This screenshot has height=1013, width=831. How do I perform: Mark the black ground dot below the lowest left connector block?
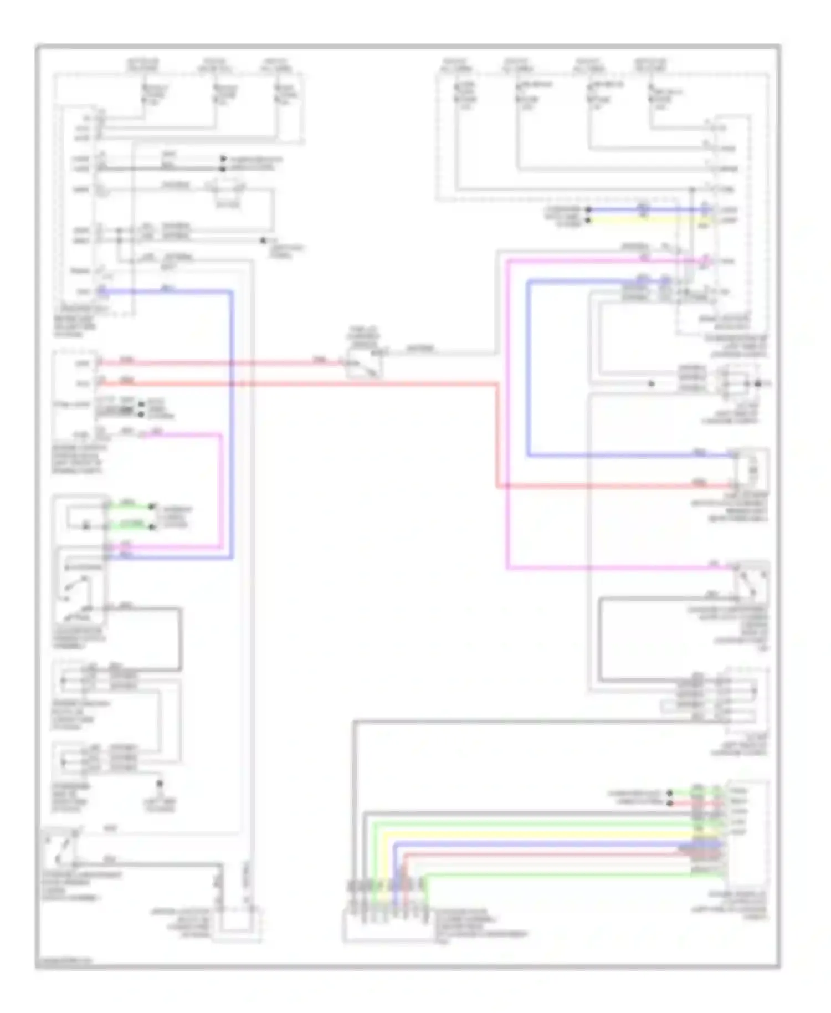pyautogui.click(x=160, y=784)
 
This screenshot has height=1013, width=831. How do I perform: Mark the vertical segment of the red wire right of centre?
pyautogui.click(x=497, y=435)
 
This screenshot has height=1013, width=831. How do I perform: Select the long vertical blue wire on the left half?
pyautogui.click(x=231, y=421)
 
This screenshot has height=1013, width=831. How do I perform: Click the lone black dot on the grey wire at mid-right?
pyautogui.click(x=652, y=383)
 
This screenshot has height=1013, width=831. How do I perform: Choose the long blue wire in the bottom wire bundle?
pyautogui.click(x=554, y=844)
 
